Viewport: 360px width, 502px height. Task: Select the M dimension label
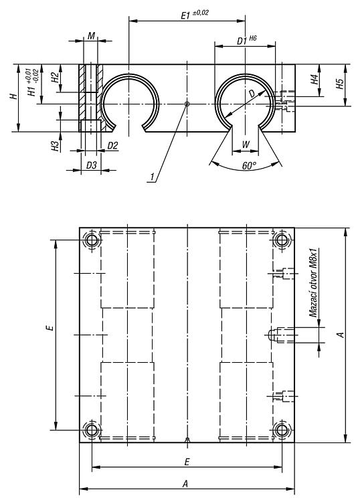point(91,35)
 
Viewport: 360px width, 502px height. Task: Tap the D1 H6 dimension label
point(246,40)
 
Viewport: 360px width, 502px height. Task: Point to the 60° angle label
point(249,165)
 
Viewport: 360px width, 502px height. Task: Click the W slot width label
point(246,145)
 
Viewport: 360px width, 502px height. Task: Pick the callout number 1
point(153,177)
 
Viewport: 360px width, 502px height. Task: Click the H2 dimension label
point(56,77)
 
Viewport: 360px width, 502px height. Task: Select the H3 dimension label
point(56,146)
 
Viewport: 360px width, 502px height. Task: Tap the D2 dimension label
point(112,146)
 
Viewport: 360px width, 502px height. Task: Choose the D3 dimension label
point(92,165)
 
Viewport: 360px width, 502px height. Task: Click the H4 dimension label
point(315,79)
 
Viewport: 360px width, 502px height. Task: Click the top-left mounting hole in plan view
point(92,240)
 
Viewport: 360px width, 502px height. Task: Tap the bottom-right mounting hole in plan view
point(282,430)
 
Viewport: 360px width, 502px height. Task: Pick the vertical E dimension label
point(50,327)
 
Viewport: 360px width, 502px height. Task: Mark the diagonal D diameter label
point(252,94)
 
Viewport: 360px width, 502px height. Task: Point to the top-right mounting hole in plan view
point(282,240)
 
